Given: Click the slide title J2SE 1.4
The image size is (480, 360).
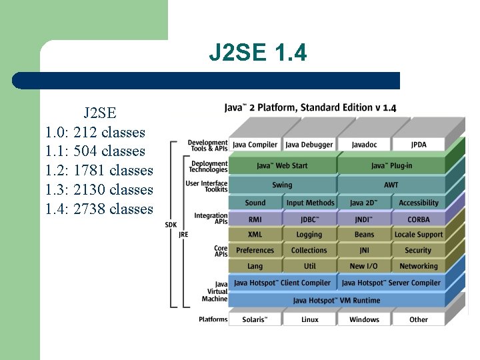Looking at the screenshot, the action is tap(258, 53).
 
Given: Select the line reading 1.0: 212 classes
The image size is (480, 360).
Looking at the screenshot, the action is tap(95, 132).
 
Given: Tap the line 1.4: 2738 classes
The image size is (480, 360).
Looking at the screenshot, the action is tap(99, 209).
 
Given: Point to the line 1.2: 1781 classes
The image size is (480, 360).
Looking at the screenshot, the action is tap(99, 171).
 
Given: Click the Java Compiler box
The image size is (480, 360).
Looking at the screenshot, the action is tap(255, 145).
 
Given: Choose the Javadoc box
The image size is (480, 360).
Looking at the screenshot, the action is tap(364, 145).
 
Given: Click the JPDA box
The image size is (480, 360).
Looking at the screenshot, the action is tap(419, 145).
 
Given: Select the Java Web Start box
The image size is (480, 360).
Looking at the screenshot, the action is tap(282, 165).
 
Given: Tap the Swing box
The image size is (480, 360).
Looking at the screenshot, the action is tap(282, 185).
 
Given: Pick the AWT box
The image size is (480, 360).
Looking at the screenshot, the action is tap(391, 185).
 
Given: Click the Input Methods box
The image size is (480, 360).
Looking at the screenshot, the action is tap(310, 203).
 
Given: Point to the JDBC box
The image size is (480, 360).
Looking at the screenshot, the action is tap(309, 219).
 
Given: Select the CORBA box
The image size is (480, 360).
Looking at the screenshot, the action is tap(419, 219).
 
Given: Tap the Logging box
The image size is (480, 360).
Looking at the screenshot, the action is tap(309, 235).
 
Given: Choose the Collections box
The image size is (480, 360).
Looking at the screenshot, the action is tap(309, 251).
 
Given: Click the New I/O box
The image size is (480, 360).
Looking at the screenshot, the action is tap(364, 266).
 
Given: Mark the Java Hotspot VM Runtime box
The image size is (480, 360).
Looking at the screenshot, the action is tap(337, 301).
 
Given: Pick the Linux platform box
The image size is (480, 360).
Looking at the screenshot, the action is tap(309, 320).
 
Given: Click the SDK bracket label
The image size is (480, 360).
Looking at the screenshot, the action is tap(171, 225).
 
